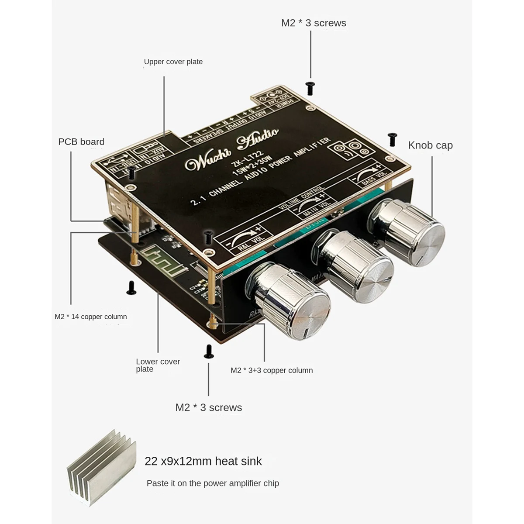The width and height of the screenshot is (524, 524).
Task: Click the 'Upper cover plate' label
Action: (173, 62)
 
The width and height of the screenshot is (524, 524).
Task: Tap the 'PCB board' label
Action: (81, 142)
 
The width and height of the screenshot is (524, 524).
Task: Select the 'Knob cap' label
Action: (430, 145)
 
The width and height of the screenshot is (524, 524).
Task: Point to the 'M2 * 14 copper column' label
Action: (91, 317)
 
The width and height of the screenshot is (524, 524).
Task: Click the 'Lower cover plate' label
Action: (158, 365)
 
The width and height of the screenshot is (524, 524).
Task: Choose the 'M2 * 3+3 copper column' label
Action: (272, 370)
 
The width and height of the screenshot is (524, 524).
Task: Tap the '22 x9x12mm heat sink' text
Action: (203, 461)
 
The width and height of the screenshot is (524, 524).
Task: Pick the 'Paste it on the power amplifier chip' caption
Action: (213, 483)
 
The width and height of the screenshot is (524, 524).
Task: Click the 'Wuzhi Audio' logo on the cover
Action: (232, 148)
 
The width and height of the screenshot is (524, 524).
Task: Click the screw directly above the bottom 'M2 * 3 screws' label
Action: (209, 352)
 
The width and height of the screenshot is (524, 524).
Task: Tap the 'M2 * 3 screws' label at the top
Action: (314, 23)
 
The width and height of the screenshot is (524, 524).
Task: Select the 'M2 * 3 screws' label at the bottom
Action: (209, 407)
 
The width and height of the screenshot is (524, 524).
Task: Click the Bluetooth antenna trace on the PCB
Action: (155, 256)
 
